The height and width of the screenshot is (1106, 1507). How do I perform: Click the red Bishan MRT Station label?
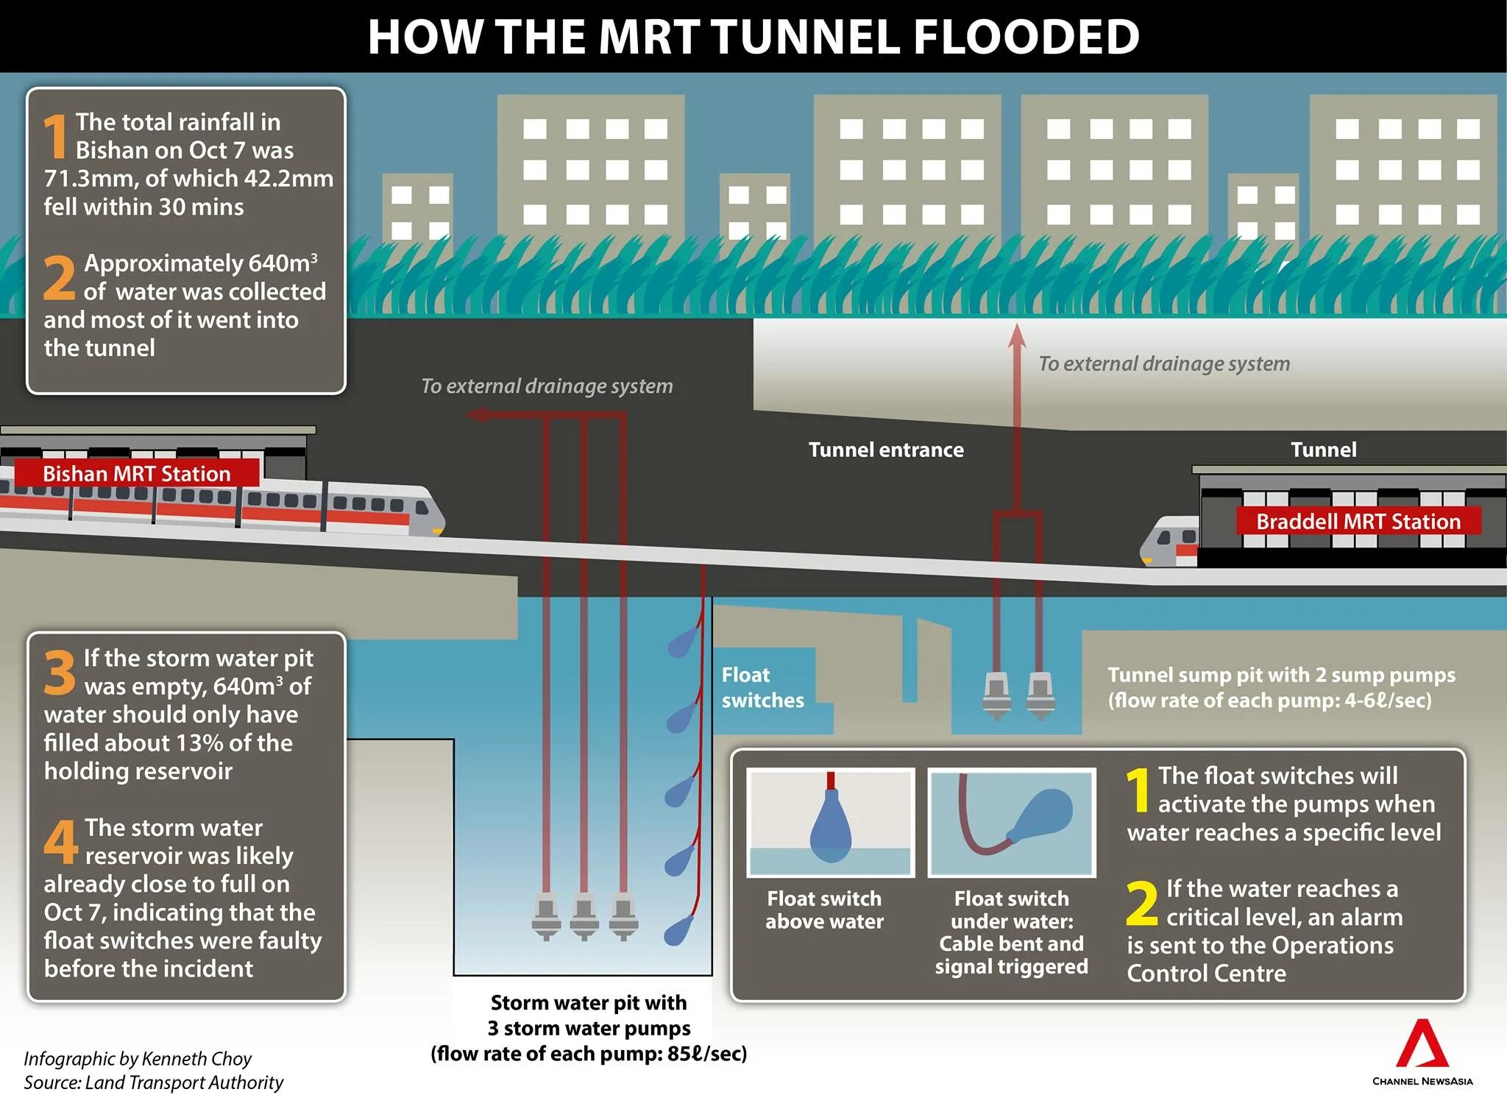(137, 473)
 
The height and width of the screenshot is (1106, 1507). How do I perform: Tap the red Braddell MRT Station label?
(1358, 522)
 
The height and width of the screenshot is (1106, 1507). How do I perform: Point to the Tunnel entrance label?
(886, 450)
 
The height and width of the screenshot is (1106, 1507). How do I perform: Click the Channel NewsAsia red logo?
(1422, 1045)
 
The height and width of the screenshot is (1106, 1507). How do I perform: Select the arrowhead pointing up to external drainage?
(1017, 336)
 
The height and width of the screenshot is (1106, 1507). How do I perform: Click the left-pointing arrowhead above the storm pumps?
(475, 415)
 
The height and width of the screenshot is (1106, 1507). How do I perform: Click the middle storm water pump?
(584, 917)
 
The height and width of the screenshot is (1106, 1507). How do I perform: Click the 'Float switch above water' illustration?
(830, 823)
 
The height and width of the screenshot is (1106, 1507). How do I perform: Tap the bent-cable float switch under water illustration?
(1012, 823)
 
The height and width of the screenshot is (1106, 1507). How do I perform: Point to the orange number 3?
(59, 672)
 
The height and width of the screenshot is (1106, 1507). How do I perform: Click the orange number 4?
(60, 842)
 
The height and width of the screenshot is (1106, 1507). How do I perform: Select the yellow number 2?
(1141, 904)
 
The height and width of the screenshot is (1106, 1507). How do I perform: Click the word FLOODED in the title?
(1026, 37)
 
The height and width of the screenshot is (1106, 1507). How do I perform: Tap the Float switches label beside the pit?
(762, 687)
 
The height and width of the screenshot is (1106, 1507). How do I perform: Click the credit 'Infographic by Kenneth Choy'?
(138, 1058)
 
